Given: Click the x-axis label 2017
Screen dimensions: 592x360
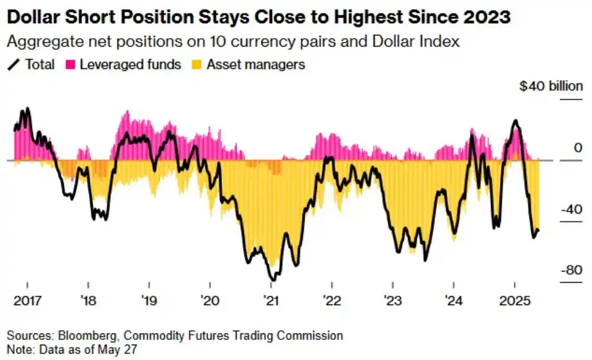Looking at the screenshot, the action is coord(28,301).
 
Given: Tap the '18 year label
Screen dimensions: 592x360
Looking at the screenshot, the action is coord(89,301).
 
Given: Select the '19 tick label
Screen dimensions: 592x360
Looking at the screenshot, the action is coord(149,301).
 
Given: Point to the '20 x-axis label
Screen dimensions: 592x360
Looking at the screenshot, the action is coord(210,301).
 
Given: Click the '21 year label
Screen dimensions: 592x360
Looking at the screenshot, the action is coord(271,301).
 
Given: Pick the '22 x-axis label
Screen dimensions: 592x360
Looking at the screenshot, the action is coord(332,301).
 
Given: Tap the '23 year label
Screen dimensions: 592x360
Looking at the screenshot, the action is coord(393,301).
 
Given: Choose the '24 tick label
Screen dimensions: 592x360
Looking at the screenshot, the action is coord(453,301).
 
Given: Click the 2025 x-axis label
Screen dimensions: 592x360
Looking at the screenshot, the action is coord(515,301).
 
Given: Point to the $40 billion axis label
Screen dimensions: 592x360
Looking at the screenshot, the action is coord(551,86).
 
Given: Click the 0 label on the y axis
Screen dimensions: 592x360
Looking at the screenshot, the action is coord(578,148).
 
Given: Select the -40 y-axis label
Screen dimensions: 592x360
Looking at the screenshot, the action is coord(571,209).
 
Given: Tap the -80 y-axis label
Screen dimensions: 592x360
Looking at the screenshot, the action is coord(571,270).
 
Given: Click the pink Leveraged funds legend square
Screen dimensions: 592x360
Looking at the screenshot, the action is coord(70,65).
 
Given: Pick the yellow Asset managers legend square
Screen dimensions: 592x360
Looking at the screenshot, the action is coord(197,65).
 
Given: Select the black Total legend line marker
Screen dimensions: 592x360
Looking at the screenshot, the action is coord(13,65).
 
